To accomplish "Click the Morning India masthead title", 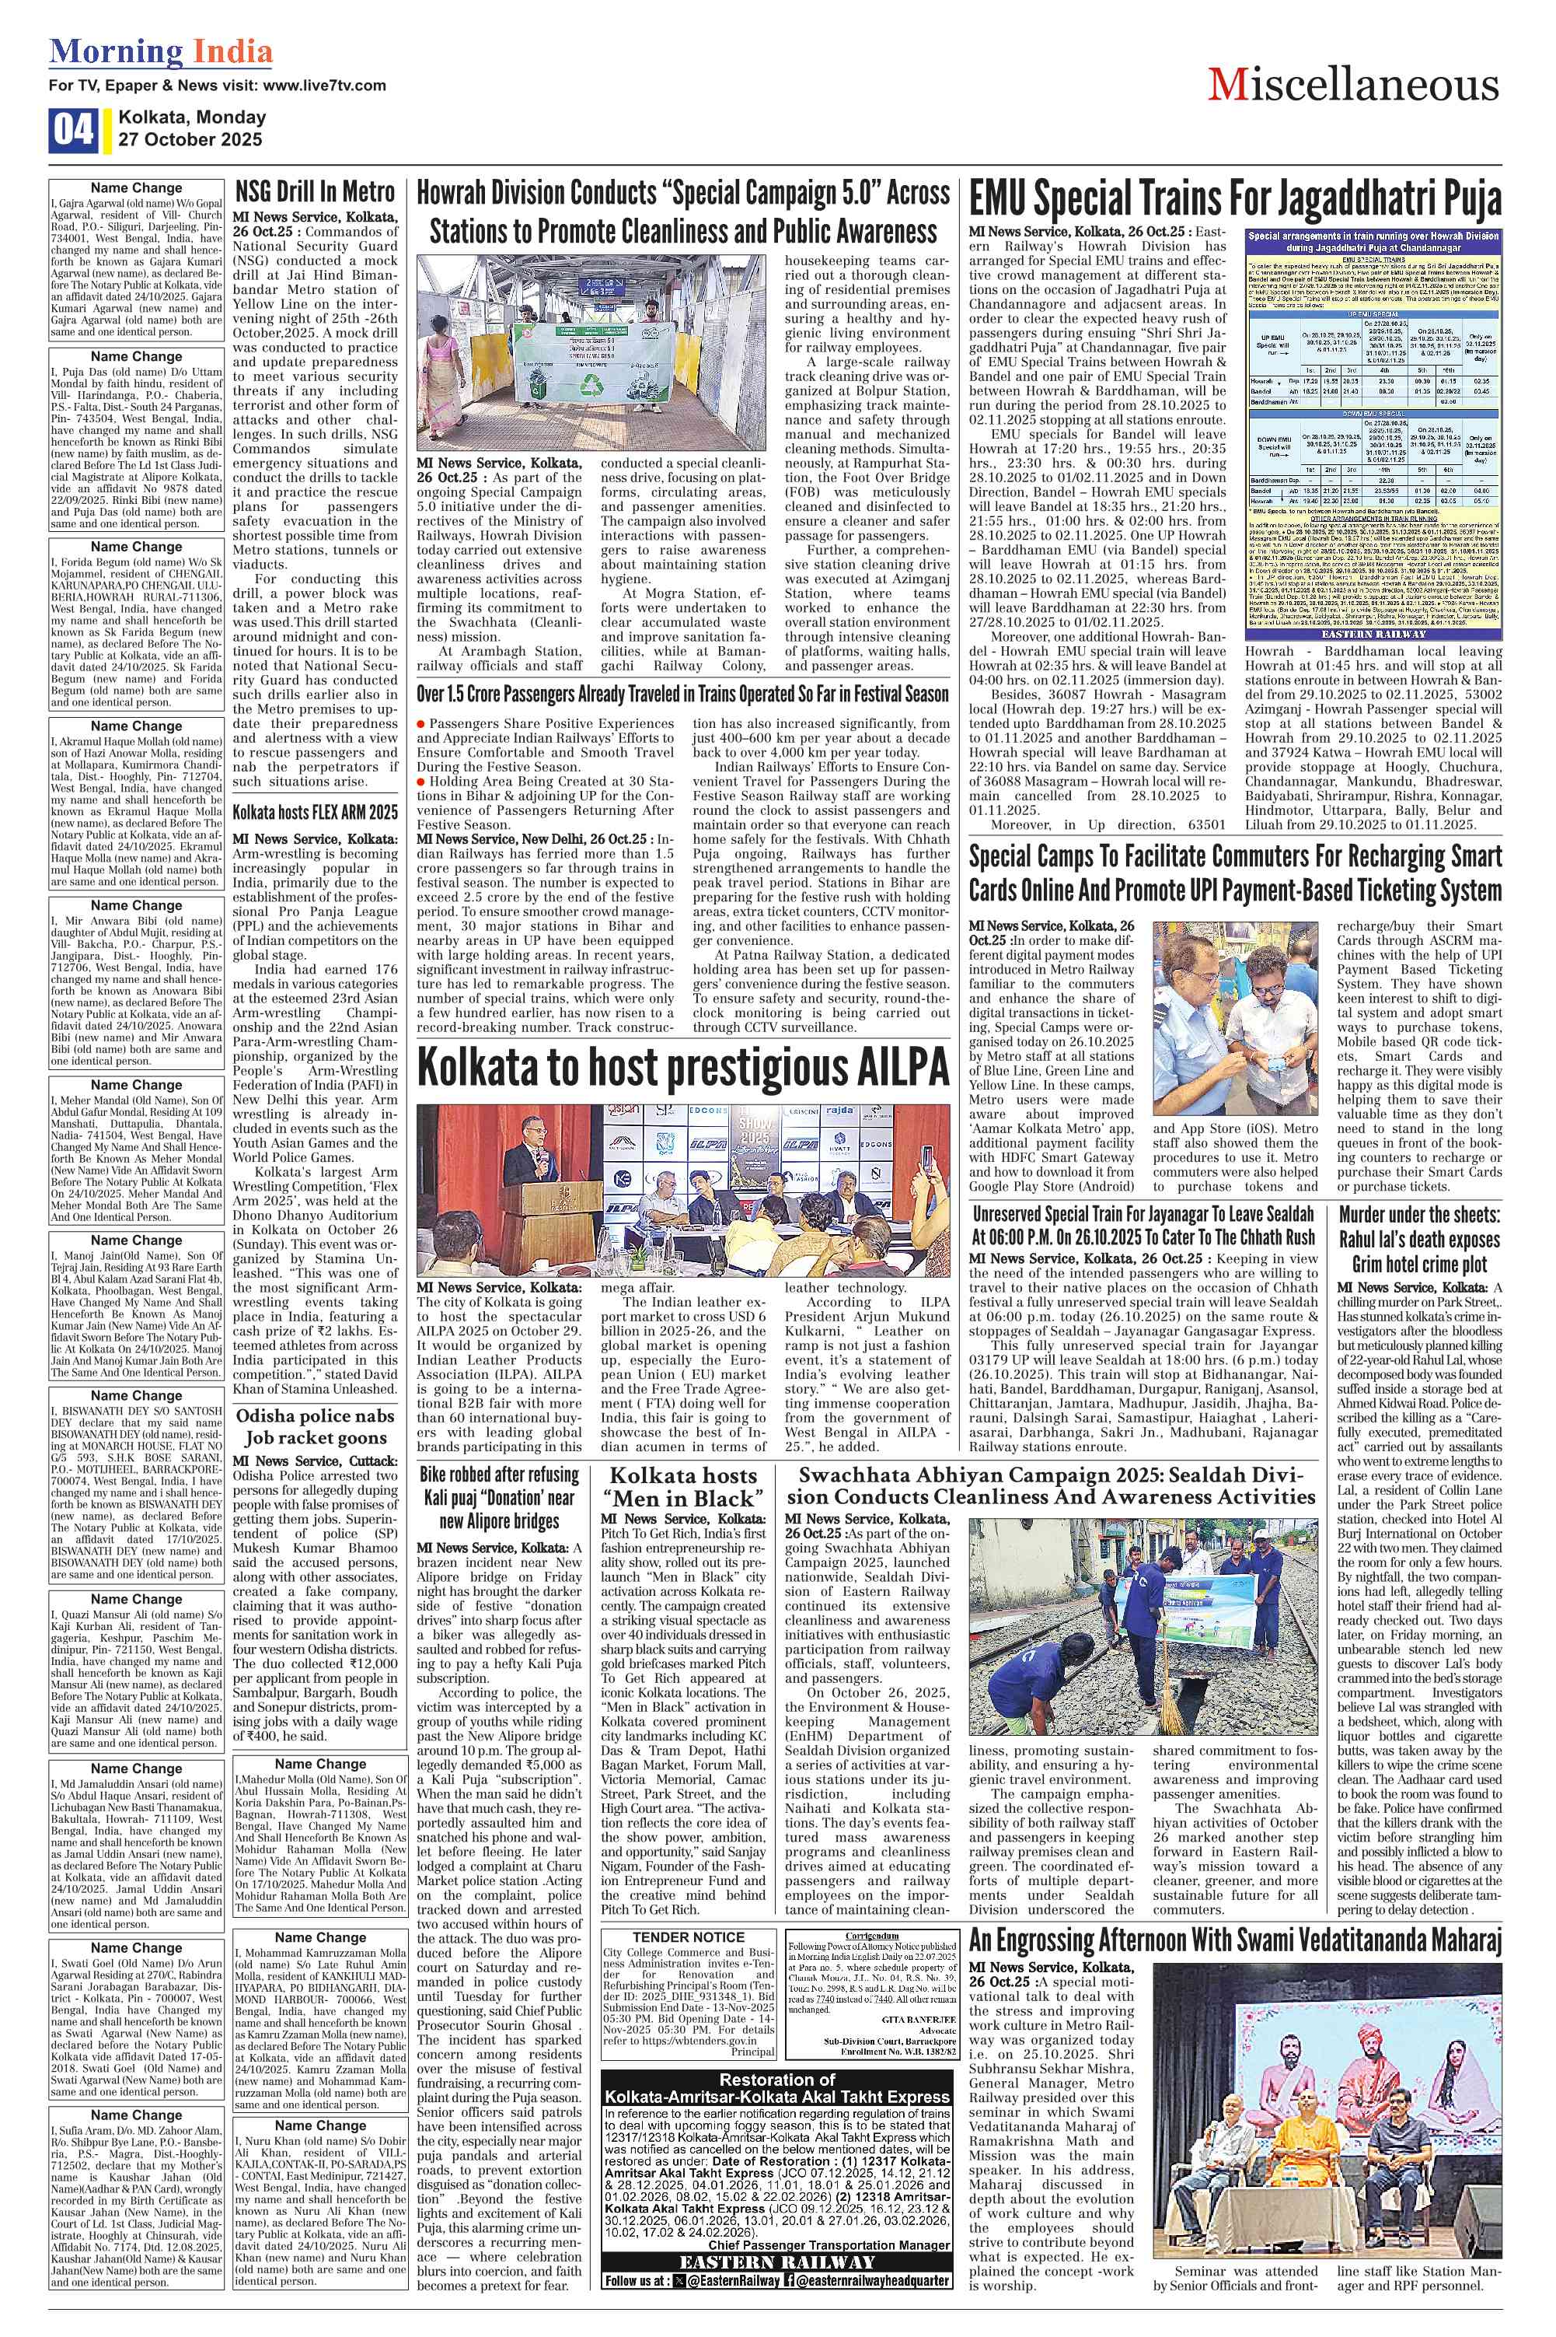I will click(161, 51).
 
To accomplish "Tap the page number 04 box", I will click(72, 130).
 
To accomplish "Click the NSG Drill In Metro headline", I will click(315, 191).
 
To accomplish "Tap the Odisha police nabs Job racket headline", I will click(315, 1426).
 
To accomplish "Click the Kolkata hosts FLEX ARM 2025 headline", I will click(315, 812).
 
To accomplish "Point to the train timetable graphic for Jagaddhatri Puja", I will click(1373, 435).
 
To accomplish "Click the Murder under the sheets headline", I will click(1419, 1239).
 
